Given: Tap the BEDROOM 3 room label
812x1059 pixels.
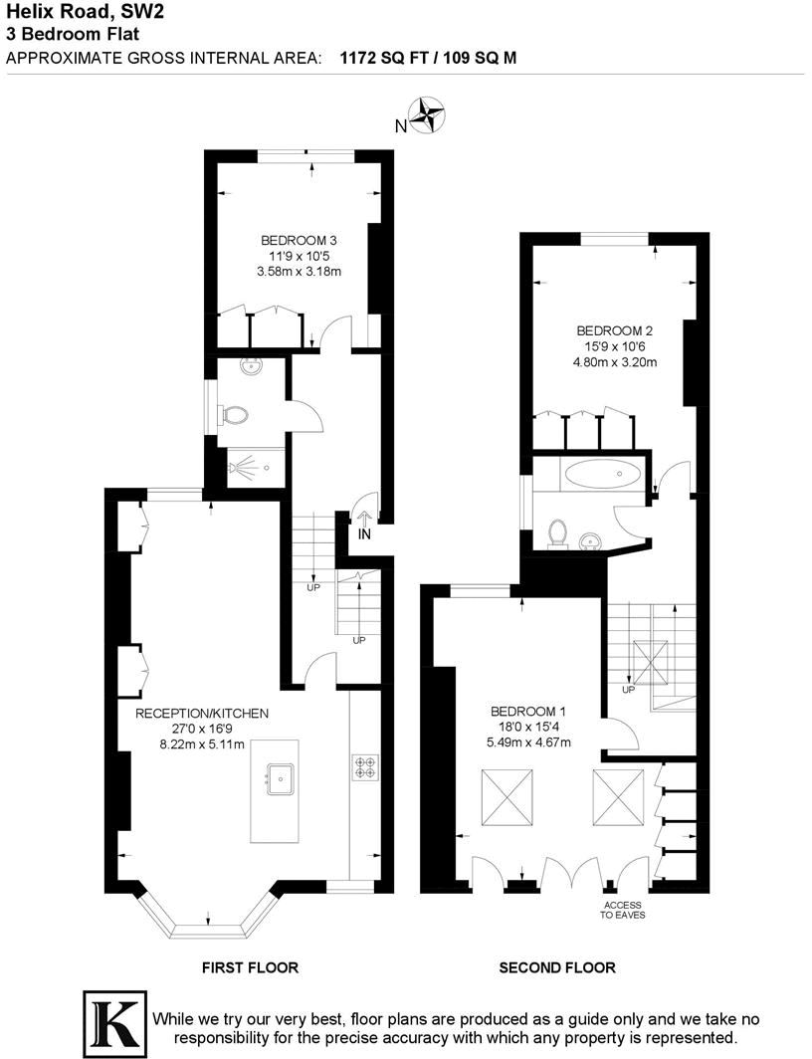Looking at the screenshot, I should pyautogui.click(x=300, y=240).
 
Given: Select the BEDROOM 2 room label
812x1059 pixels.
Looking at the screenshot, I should pyautogui.click(x=614, y=330).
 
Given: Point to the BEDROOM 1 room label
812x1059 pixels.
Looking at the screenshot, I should pyautogui.click(x=527, y=711).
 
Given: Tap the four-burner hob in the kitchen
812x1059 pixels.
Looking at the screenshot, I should pyautogui.click(x=364, y=766).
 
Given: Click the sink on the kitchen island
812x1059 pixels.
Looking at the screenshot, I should pyautogui.click(x=280, y=774).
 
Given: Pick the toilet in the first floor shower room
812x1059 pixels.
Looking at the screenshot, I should pyautogui.click(x=234, y=415).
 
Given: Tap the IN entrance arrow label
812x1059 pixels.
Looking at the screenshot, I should pyautogui.click(x=364, y=534).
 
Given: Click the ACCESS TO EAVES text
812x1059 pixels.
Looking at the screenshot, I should pyautogui.click(x=622, y=910).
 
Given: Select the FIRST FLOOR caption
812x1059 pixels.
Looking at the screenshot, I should pyautogui.click(x=250, y=966).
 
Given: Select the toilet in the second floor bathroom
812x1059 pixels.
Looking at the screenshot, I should pyautogui.click(x=558, y=533).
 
